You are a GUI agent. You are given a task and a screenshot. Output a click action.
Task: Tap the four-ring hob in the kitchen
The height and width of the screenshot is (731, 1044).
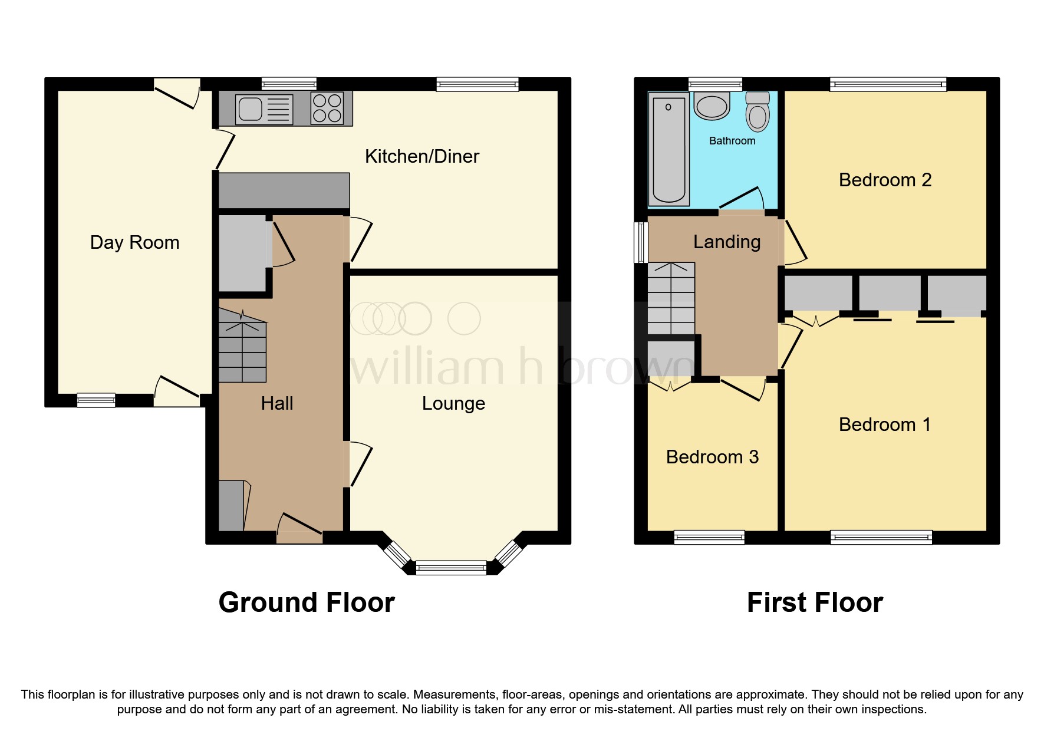click(327, 108)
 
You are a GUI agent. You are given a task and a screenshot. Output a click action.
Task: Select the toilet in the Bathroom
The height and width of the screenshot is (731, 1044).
click(758, 112)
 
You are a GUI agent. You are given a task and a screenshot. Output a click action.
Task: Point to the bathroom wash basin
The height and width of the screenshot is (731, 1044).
click(712, 106)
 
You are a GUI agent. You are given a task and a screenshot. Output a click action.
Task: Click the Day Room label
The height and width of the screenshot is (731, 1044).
click(134, 242)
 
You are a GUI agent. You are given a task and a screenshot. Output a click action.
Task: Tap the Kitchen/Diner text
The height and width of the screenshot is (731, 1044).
click(421, 156)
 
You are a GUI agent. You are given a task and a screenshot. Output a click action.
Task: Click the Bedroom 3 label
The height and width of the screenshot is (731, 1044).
click(712, 457)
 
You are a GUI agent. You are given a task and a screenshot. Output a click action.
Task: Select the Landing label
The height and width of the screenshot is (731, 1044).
click(726, 242)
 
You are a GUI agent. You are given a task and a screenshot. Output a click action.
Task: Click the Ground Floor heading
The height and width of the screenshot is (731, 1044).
click(307, 602)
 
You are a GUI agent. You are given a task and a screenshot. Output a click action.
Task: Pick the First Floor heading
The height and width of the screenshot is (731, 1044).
click(815, 602)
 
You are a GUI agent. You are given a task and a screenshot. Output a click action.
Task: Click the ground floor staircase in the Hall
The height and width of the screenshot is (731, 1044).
click(242, 348)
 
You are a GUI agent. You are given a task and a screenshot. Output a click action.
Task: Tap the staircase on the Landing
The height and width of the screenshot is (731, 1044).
click(671, 299)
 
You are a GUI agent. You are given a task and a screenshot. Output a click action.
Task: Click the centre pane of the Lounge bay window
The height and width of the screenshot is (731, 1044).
click(451, 568)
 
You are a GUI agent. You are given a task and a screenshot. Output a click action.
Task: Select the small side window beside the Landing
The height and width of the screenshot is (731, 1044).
click(640, 242)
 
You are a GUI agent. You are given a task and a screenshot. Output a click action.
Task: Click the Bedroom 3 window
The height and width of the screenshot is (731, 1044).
click(709, 536)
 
